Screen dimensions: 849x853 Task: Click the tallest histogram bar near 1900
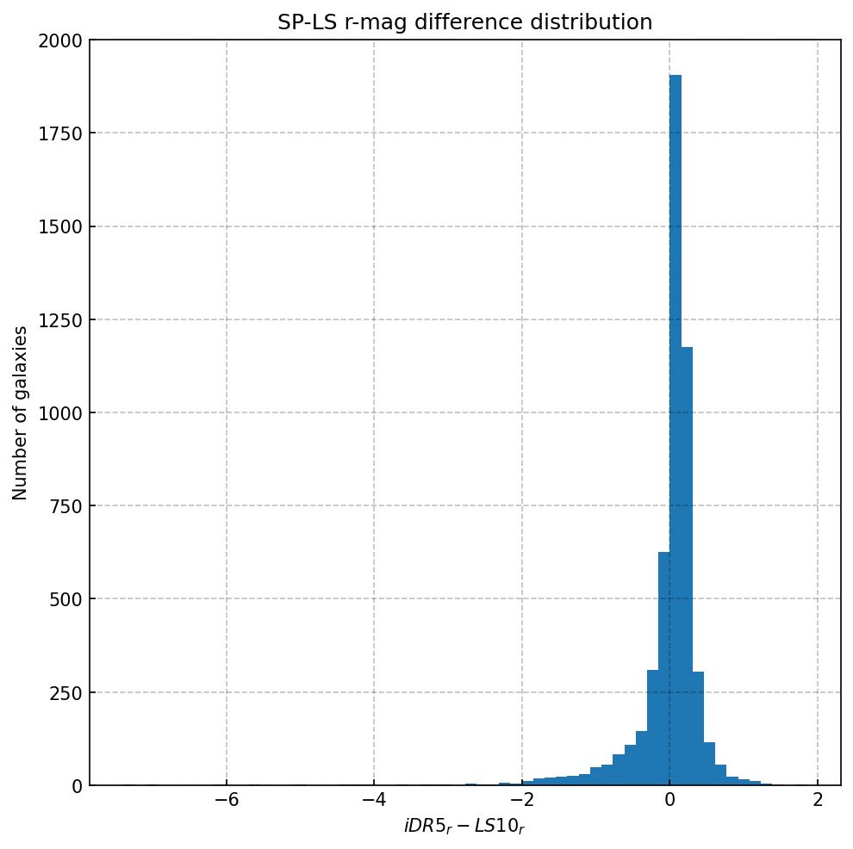tap(676, 431)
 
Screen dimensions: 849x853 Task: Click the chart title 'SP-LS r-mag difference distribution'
tap(464, 22)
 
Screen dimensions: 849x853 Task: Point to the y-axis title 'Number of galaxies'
tap(21, 412)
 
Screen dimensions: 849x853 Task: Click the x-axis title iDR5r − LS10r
tap(464, 827)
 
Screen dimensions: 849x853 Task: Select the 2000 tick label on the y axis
tap(60, 40)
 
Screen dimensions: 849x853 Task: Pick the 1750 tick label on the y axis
tap(60, 133)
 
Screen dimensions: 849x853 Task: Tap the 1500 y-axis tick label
tap(60, 226)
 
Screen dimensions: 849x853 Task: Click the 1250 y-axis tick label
tap(60, 320)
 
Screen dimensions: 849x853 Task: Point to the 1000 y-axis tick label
tap(60, 413)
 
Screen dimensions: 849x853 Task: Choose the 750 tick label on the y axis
tap(65, 506)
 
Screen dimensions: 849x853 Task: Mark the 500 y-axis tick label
tap(65, 599)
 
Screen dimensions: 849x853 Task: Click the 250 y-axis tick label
tap(65, 692)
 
